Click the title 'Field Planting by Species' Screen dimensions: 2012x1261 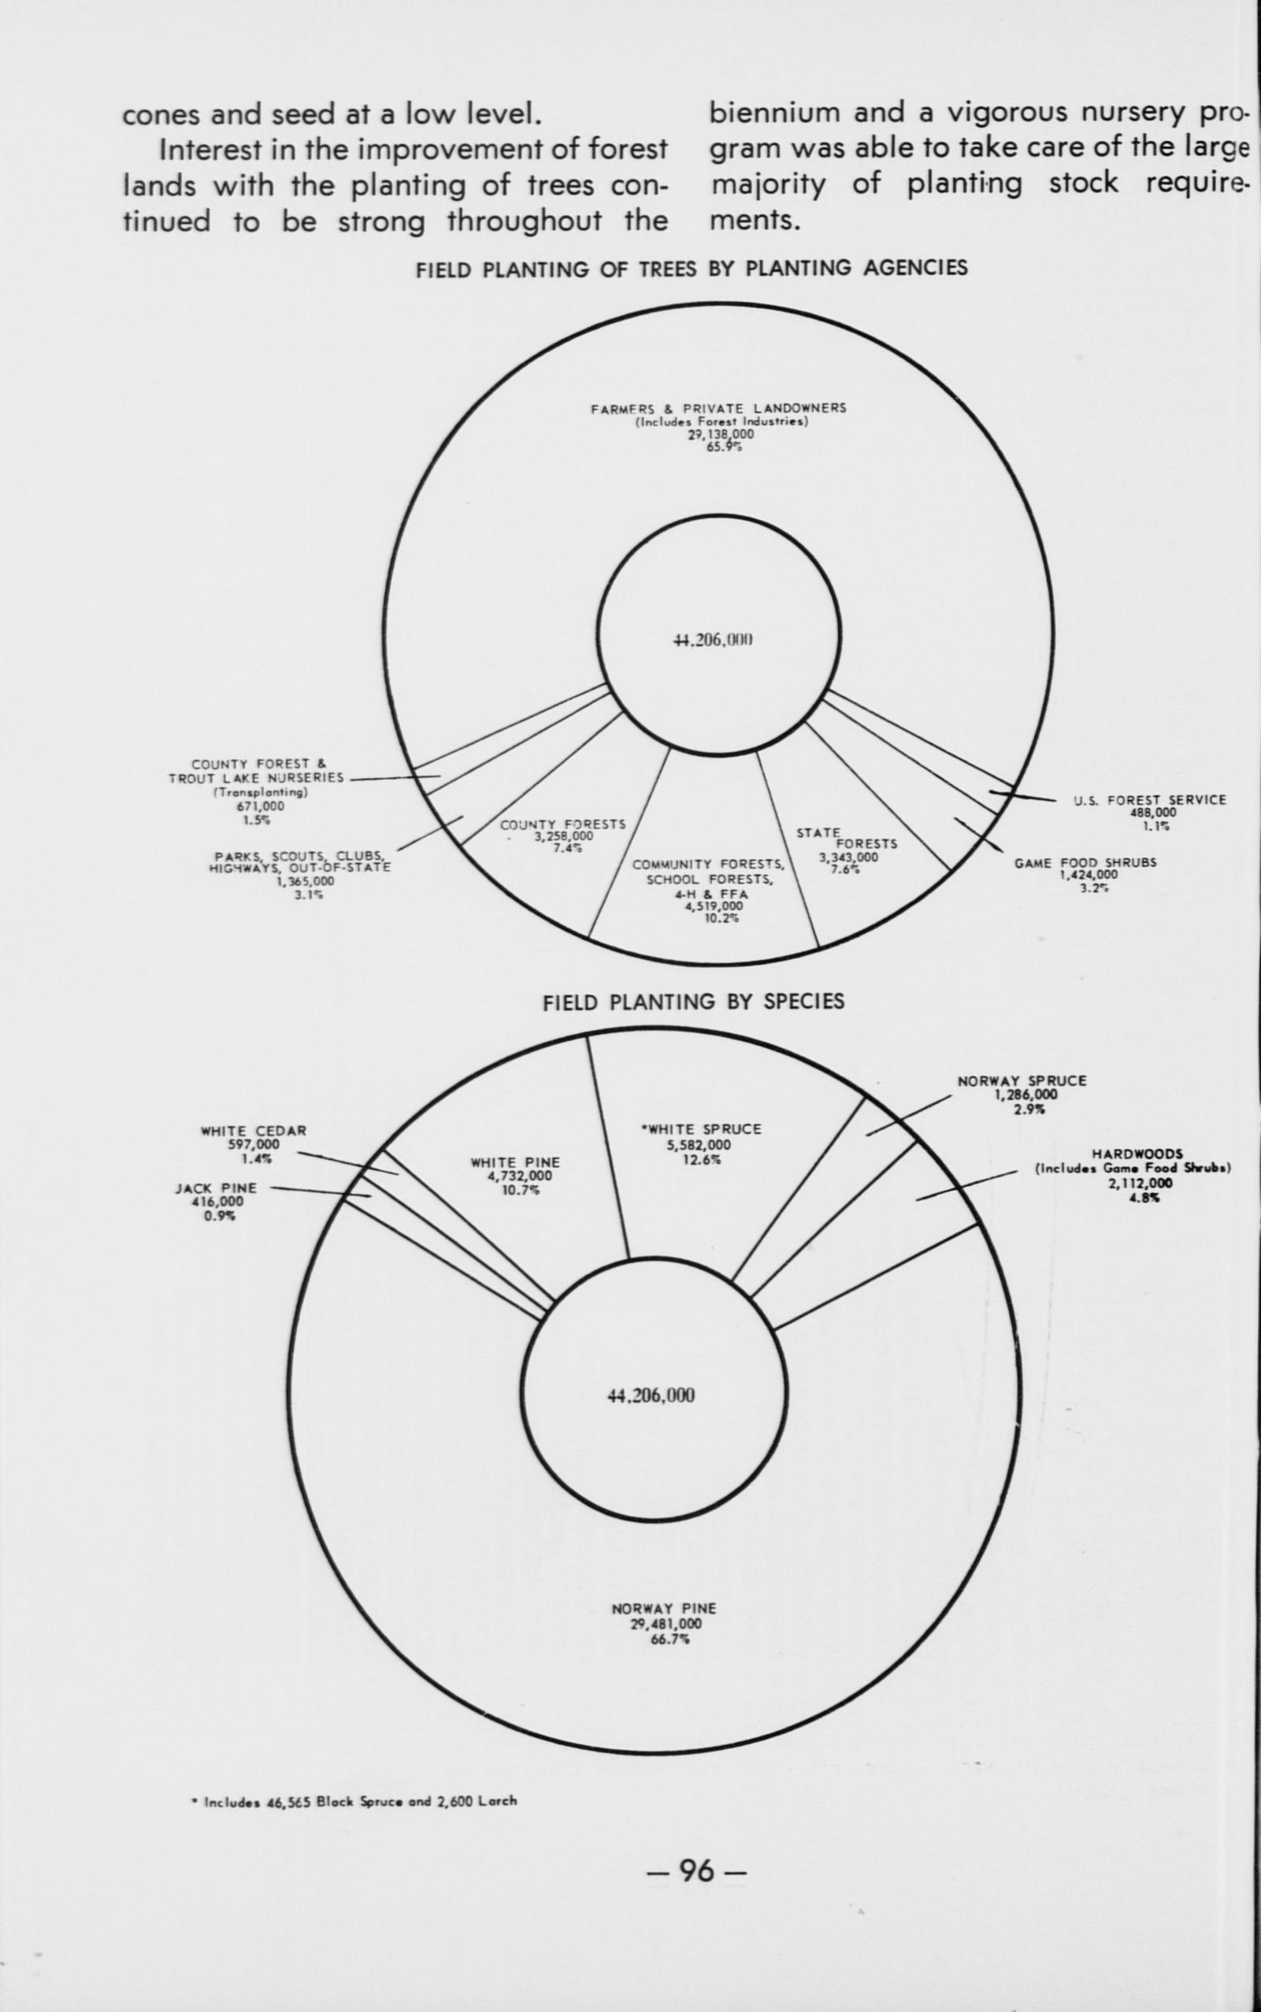point(693,1002)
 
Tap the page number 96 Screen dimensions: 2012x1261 point(696,1865)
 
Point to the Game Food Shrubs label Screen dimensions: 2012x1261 point(1085,863)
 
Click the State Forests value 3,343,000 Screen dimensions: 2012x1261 point(847,857)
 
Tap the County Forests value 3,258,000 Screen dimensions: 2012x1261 point(564,836)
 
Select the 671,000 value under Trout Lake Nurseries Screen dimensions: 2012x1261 point(260,806)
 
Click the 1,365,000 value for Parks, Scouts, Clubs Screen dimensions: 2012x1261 point(306,880)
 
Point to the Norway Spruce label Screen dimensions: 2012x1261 point(1022,1080)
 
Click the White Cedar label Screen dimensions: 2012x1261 point(254,1131)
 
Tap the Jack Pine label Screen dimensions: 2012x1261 point(216,1188)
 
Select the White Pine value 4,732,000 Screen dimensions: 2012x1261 point(514,1176)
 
